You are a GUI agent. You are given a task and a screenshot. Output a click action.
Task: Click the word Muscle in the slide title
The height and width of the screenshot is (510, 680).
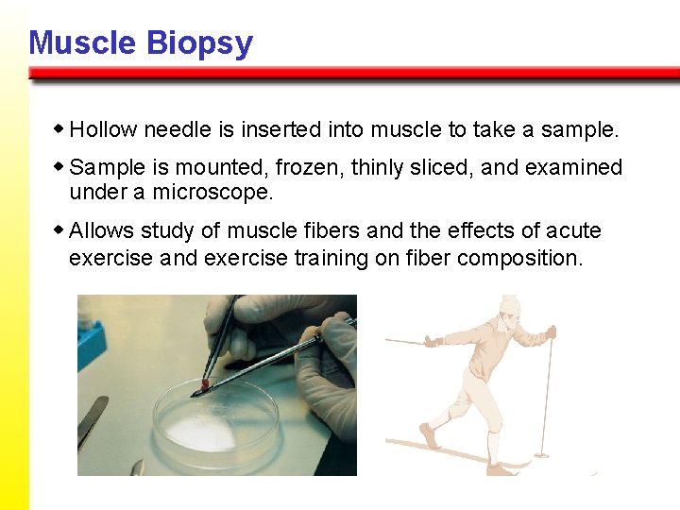[x=83, y=43]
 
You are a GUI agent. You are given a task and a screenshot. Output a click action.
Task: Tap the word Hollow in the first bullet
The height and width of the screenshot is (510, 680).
[x=102, y=128]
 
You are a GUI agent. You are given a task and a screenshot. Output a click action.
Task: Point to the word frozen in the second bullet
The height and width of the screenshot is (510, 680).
[x=310, y=168]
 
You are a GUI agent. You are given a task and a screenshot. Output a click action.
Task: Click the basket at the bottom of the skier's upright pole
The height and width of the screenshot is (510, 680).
[x=542, y=454]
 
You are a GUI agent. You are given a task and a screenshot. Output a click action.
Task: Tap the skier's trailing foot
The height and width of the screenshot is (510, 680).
[x=430, y=437]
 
